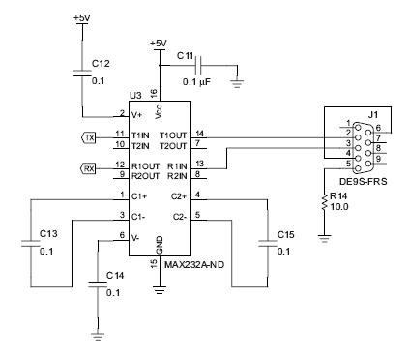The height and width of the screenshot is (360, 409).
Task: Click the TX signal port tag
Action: click(88, 138)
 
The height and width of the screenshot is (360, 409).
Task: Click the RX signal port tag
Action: click(88, 168)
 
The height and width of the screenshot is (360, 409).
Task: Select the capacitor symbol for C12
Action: click(82, 73)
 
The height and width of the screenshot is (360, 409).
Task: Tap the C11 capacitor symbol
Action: click(199, 66)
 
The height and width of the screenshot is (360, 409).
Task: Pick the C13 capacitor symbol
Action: click(31, 244)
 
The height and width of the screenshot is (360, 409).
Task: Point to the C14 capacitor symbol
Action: click(98, 285)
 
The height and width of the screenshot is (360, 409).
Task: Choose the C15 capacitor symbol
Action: click(267, 244)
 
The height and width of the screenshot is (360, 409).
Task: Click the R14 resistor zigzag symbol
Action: click(324, 201)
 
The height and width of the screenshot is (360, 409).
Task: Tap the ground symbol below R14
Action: click(324, 239)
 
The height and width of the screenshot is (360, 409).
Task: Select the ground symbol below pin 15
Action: click(160, 290)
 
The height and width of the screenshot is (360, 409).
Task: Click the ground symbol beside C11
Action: click(237, 84)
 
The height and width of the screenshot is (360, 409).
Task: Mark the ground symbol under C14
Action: click(98, 337)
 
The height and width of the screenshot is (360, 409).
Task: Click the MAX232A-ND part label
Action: click(194, 265)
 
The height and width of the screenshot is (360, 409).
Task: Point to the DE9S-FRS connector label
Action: click(364, 182)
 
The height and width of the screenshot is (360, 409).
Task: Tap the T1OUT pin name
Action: click(173, 135)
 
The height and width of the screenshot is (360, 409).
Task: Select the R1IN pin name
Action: click(177, 166)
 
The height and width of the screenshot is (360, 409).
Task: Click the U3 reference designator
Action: click(135, 96)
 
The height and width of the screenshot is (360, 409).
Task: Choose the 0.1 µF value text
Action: click(196, 82)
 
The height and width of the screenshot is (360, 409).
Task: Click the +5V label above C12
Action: click(82, 18)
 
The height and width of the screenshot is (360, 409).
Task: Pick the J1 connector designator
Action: click(373, 115)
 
